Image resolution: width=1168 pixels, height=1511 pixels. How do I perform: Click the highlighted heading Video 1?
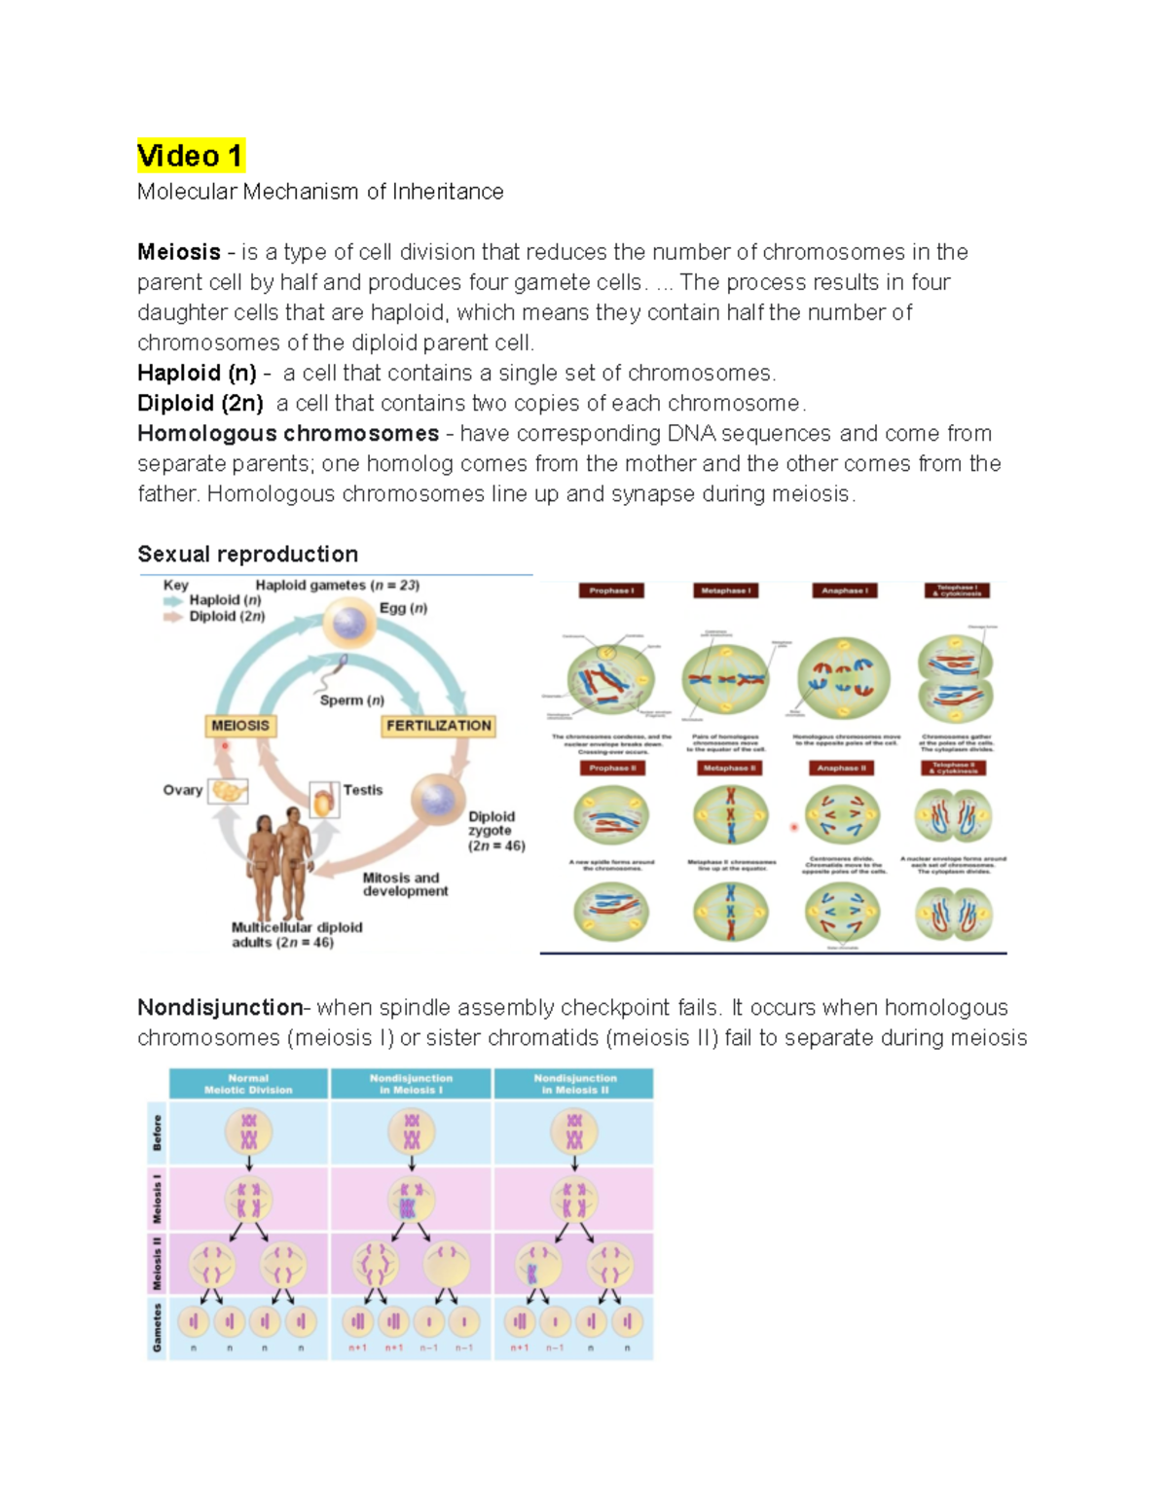pos(190,156)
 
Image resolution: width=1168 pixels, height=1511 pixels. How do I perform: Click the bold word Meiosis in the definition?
pos(179,252)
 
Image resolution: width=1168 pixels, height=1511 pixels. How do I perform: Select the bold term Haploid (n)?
pos(197,373)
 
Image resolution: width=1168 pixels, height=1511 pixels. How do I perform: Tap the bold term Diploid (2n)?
pos(200,403)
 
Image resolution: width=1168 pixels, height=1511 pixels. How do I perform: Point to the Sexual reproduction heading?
pos(247,554)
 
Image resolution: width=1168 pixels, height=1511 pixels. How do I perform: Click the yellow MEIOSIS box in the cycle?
pos(240,726)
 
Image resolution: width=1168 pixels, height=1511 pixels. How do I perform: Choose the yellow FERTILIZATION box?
pos(438,726)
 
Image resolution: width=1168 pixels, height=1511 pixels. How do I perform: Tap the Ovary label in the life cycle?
pos(183,790)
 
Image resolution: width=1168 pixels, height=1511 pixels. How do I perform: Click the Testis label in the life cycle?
pos(362,790)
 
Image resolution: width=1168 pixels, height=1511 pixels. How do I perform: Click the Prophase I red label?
pos(611,591)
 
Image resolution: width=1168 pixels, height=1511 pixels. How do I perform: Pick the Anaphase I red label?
pos(844,591)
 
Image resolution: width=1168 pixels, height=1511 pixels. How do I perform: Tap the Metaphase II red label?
pos(729,769)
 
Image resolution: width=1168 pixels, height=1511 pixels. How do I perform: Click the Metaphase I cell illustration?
pos(726,679)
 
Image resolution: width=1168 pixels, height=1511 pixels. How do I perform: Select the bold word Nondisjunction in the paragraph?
pos(220,1007)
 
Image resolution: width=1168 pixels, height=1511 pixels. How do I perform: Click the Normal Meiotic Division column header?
pos(248,1084)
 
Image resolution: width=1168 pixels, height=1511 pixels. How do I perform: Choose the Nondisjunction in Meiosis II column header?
pos(574,1084)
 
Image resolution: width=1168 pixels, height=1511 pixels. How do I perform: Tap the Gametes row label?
pos(157,1327)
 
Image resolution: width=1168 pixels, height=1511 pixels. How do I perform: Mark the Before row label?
pos(157,1133)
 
